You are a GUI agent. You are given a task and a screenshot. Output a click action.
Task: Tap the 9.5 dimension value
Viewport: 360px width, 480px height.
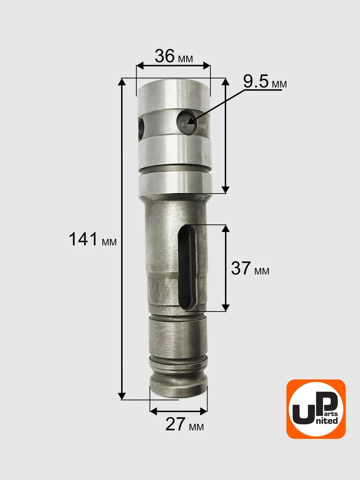[256, 82]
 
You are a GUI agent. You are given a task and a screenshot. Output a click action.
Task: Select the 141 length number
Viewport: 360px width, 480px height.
[83, 239]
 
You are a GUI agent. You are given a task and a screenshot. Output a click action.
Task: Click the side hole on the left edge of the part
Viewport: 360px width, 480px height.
[141, 129]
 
